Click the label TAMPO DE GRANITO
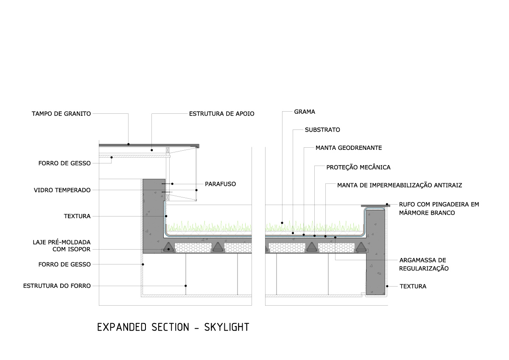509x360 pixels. coord(61,114)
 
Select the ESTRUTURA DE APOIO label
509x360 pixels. coord(221,114)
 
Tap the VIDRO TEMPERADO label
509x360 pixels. coord(62,190)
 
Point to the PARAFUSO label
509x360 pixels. coord(220,184)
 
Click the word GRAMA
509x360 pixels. coord(305,112)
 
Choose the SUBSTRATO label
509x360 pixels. coord(322,130)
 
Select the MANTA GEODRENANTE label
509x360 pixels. coord(349,148)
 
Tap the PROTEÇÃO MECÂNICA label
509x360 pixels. coord(358,167)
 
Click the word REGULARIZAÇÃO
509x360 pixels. coord(424,268)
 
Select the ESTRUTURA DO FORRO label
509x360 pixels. coord(57,286)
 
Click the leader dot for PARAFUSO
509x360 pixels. coord(172,184)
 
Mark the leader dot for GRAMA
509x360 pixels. coord(282,222)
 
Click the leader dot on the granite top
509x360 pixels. coord(129,144)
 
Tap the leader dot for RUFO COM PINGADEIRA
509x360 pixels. coord(387,204)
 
